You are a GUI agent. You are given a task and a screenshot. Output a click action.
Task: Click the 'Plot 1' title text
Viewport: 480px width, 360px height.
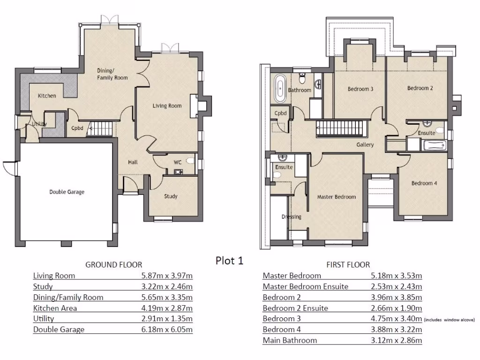pyautogui.click(x=229, y=261)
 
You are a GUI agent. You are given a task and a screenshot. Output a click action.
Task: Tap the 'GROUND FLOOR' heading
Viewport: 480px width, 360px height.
pyautogui.click(x=113, y=265)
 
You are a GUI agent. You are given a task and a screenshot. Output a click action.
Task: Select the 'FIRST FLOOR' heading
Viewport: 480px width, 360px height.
pyautogui.click(x=348, y=265)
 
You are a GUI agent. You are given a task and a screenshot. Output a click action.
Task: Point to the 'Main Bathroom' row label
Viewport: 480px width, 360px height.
pyautogui.click(x=290, y=340)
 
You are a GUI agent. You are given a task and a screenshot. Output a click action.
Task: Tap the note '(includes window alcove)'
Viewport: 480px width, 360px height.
pyautogui.click(x=449, y=320)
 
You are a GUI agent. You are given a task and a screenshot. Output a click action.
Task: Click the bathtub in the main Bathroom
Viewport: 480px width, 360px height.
pyautogui.click(x=280, y=88)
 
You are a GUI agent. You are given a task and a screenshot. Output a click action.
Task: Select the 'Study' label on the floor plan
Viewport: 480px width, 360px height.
pyautogui.click(x=171, y=196)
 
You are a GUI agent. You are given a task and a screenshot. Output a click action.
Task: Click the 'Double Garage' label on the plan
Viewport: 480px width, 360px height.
pyautogui.click(x=67, y=192)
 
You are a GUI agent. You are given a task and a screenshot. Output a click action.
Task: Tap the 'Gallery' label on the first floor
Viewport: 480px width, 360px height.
pyautogui.click(x=365, y=145)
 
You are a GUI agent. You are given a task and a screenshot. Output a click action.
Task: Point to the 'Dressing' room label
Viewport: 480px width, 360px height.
pyautogui.click(x=291, y=217)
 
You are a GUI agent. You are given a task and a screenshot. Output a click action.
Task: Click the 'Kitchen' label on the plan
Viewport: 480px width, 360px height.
pyautogui.click(x=47, y=96)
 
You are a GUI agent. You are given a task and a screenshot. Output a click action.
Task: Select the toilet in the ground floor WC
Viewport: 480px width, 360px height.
pyautogui.click(x=189, y=161)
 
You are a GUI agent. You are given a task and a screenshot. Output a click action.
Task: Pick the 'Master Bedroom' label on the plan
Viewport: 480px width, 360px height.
pyautogui.click(x=336, y=197)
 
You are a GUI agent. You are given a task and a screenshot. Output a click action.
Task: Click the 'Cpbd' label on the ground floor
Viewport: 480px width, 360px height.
pyautogui.click(x=77, y=128)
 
